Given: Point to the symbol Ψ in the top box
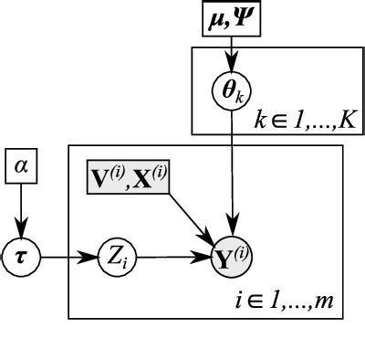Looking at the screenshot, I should point(247,18).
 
